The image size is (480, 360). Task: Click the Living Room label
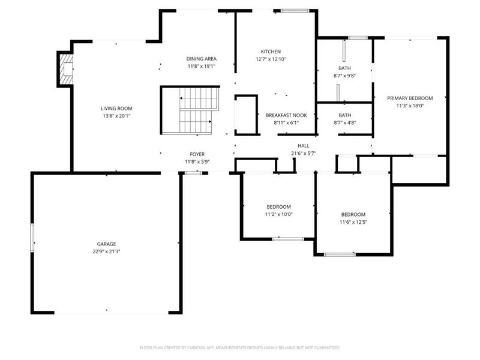pyautogui.click(x=116, y=109)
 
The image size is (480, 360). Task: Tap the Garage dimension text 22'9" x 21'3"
pyautogui.click(x=107, y=251)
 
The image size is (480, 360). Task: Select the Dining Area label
pyautogui.click(x=202, y=59)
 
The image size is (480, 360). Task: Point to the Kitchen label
pyautogui.click(x=271, y=52)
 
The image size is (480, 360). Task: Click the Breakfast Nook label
pyautogui.click(x=286, y=115)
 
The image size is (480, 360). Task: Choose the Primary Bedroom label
pyautogui.click(x=410, y=98)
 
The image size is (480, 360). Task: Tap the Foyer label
pyautogui.click(x=197, y=154)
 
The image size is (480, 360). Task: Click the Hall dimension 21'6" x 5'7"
pyautogui.click(x=304, y=154)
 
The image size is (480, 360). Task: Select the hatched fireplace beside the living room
pyautogui.click(x=66, y=69)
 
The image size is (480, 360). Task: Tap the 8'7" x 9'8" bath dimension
pyautogui.click(x=344, y=76)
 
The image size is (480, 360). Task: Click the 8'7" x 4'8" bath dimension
pyautogui.click(x=344, y=123)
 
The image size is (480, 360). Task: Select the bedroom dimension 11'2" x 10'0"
pyautogui.click(x=278, y=214)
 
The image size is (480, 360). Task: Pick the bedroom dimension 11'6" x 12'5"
pyautogui.click(x=353, y=222)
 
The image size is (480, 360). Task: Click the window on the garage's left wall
pyautogui.click(x=32, y=238)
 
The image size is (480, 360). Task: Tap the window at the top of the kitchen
pyautogui.click(x=295, y=11)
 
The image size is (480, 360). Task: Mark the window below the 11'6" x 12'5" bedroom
pyautogui.click(x=340, y=254)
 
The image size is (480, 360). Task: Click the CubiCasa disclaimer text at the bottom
pyautogui.click(x=239, y=348)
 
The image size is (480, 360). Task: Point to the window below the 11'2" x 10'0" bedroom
pyautogui.click(x=288, y=239)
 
